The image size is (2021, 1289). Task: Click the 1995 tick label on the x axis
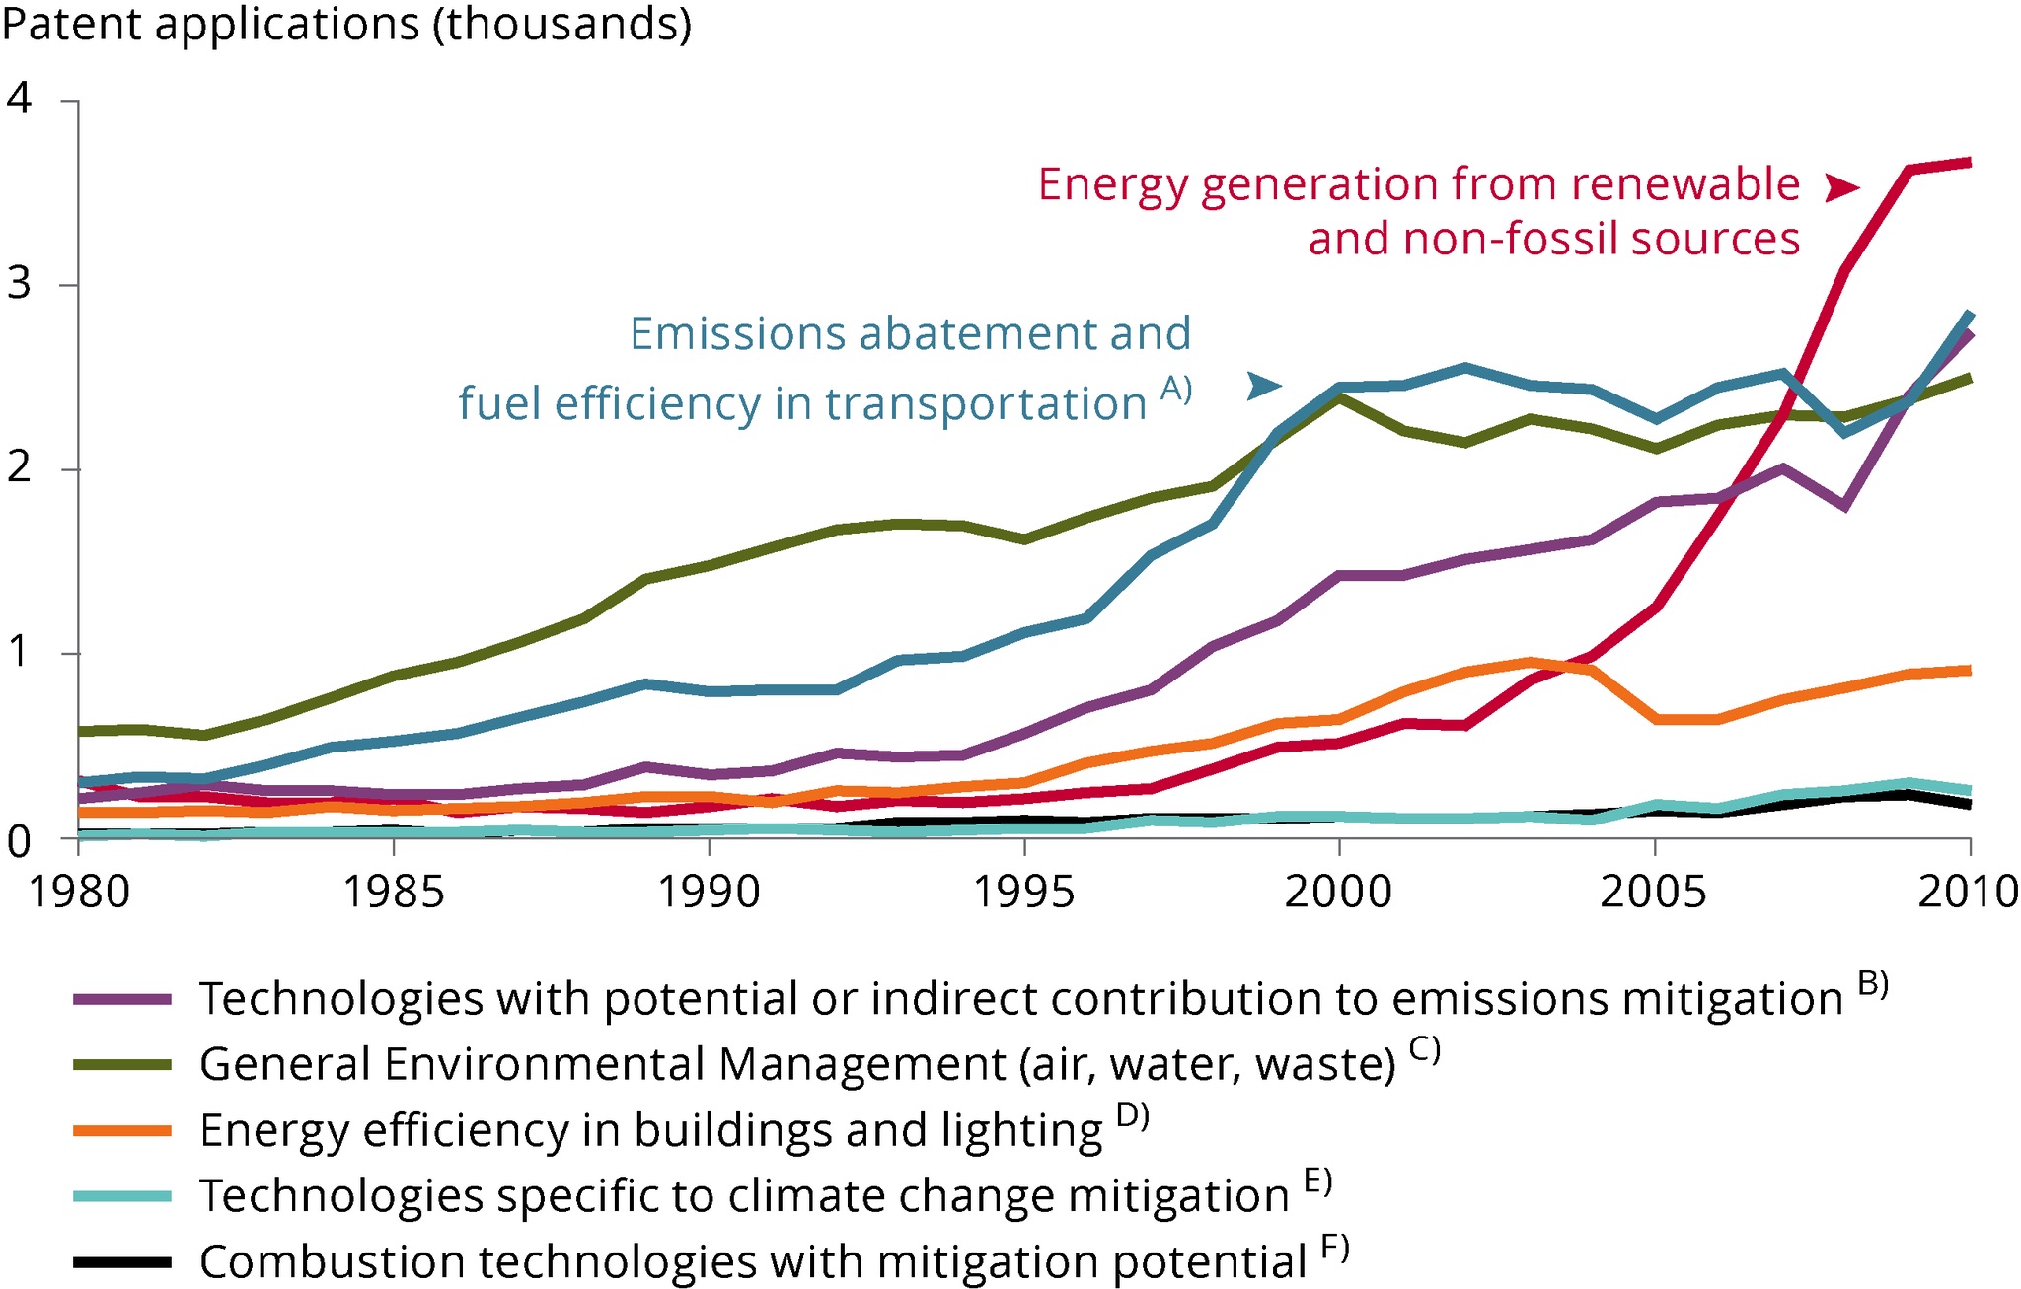1024,892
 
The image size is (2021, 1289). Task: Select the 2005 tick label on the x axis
1654,892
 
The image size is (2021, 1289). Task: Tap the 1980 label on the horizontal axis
79,892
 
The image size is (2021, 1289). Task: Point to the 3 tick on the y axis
19,284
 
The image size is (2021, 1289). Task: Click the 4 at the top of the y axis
19,99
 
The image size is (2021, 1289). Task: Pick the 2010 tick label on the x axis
1968,892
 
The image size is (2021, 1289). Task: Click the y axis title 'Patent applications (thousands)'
346,24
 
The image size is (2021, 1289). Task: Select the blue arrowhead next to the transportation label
1263,386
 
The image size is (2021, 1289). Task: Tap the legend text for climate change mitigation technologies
744,1196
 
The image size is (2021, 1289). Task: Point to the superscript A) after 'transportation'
1175,390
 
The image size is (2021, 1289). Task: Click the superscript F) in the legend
1334,1249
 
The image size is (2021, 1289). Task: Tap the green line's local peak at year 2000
1339,398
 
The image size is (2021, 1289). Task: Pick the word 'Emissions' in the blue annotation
736,334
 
